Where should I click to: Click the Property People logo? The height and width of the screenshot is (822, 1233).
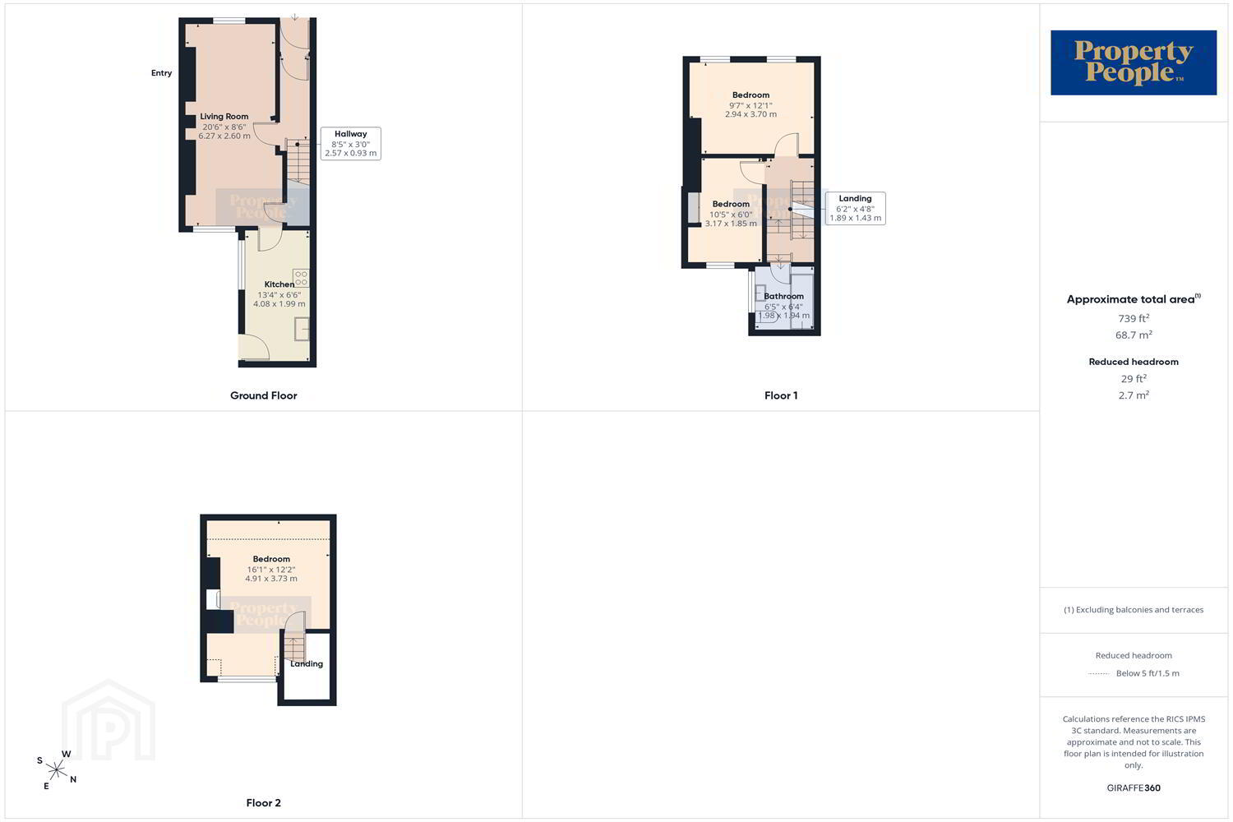coord(1134,62)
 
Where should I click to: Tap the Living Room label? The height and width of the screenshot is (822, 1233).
coord(224,117)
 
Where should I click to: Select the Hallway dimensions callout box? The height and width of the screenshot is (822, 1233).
coord(351,144)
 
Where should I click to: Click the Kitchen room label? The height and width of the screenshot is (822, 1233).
coord(279,284)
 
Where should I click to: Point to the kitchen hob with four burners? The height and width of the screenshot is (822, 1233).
coord(301,278)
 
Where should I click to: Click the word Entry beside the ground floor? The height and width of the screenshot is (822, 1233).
coord(162,73)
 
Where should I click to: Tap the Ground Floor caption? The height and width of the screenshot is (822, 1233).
coord(264,395)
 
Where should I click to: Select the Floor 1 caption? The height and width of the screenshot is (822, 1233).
coord(781,395)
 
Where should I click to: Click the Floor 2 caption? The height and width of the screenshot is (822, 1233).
coord(264,803)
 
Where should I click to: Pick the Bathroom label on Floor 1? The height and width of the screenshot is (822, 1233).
coord(784,296)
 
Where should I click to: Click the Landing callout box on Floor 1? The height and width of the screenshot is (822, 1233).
coord(856,208)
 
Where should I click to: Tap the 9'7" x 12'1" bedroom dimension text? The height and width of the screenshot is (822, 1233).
coord(750,106)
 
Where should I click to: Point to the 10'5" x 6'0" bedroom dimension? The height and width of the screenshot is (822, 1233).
coord(731,215)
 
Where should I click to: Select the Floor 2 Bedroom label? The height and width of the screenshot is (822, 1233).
coord(271,559)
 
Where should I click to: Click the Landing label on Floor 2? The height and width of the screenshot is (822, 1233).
coord(307,664)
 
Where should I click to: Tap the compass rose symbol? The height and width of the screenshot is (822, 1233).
coord(57,769)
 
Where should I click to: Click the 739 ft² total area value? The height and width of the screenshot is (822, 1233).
coord(1134,318)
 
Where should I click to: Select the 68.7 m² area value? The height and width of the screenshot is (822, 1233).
coord(1134,335)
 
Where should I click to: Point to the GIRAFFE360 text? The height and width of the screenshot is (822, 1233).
coord(1134,787)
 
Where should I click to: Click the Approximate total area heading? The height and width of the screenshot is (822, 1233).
coord(1134,299)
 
